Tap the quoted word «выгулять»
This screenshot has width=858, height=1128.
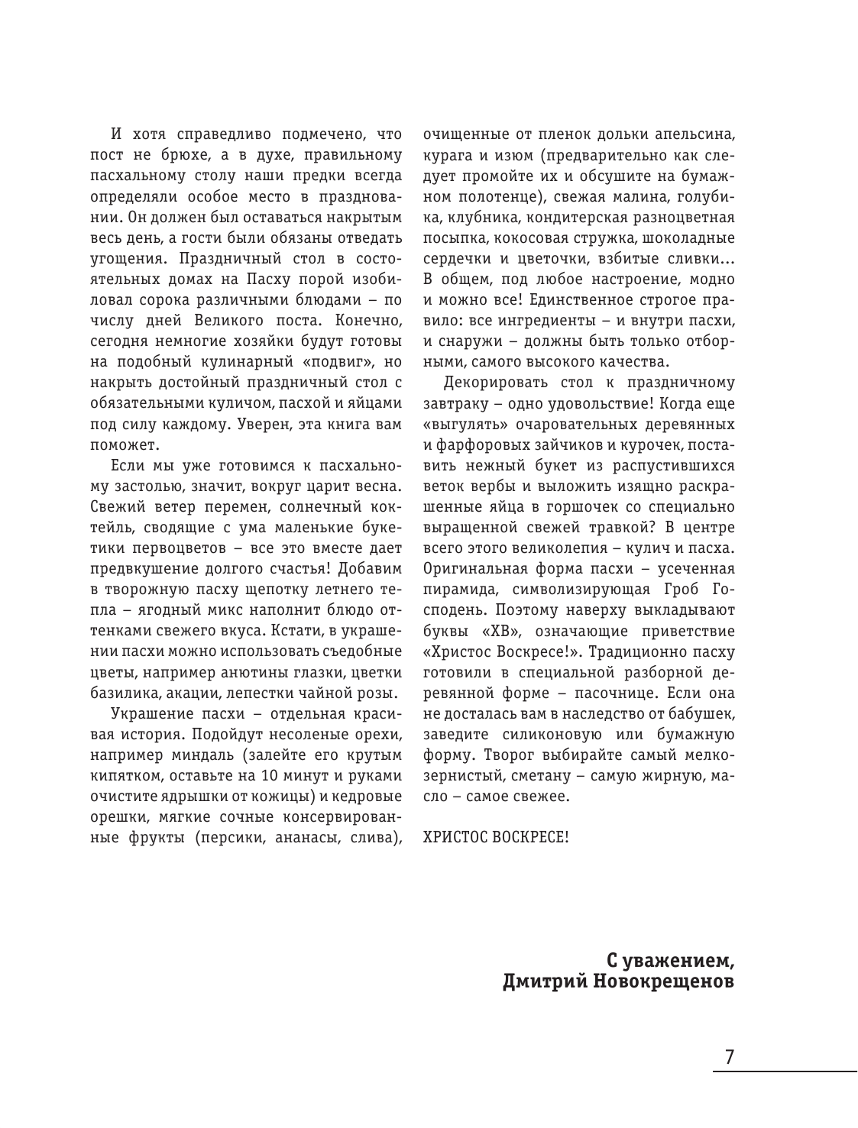point(458,424)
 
